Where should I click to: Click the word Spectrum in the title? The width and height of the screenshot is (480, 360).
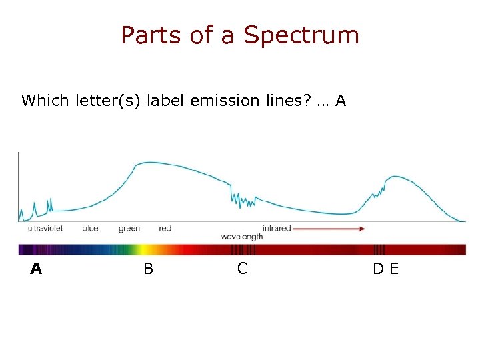point(301,36)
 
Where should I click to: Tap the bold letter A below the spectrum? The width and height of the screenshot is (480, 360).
point(36,269)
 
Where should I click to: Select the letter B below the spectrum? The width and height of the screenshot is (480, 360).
point(148,269)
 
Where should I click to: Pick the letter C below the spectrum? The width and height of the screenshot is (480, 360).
point(243,269)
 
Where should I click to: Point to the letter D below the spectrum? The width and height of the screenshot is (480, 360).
point(378,269)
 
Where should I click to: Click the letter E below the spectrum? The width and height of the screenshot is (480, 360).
point(393,269)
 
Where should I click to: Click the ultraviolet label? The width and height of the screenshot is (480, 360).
point(45,228)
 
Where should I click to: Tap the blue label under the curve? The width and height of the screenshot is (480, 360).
point(90,228)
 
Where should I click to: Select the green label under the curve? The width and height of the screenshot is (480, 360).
point(129,229)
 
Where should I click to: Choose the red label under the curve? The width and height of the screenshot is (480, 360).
point(165,228)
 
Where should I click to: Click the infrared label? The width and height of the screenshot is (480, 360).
point(277,228)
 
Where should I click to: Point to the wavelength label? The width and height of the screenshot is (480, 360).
point(241,237)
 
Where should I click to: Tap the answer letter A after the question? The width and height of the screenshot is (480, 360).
point(341,101)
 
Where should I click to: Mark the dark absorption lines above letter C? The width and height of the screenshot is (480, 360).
point(243,250)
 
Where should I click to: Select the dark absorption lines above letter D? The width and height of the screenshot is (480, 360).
point(379,250)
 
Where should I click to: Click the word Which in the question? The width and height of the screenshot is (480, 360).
point(45,101)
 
